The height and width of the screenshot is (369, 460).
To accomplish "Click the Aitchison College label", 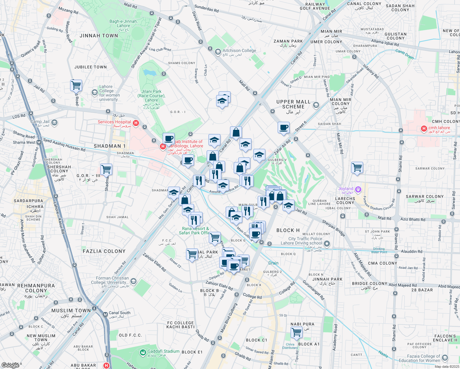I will pos(239,51).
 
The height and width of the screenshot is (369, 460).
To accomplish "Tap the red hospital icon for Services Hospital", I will pos(136,123).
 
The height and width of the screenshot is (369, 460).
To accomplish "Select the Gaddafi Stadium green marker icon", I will pos(143,352).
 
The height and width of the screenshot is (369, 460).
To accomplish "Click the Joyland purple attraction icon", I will pos(358,189).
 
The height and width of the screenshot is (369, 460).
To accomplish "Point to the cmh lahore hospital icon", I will pos(424,129).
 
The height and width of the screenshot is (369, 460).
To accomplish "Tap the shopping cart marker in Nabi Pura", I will pos(297,332).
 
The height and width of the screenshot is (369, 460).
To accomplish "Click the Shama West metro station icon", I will pos(39,142).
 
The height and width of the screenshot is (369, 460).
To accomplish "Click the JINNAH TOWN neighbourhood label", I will pos(99,36).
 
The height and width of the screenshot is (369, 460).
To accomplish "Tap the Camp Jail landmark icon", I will pos(54,123).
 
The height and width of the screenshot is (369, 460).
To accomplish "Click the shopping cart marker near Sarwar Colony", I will pos(357,168).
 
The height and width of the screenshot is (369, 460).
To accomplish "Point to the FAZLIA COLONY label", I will pos(104,251).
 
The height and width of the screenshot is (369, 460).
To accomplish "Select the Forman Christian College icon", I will pos(133,281).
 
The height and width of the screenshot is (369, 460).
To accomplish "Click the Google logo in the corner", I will pos(10,365).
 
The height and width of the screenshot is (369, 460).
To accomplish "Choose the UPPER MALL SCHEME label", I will pos(293,104).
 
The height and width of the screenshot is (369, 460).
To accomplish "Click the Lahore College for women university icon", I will pos(95,92).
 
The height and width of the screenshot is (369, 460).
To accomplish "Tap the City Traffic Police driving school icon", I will pos(327,244).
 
